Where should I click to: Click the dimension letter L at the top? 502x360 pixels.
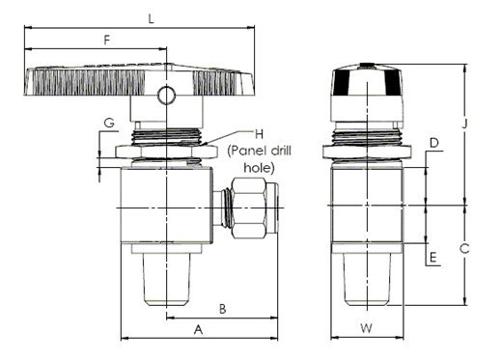click(151, 18)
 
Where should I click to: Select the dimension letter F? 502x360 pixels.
click(107, 40)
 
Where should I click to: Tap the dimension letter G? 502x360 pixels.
click(109, 123)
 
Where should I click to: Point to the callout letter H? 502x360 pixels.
click(259, 134)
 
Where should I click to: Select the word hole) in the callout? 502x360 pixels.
click(259, 168)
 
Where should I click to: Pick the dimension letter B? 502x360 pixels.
click(223, 309)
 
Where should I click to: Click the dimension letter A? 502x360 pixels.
click(199, 329)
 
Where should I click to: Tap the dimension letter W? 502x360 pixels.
click(366, 328)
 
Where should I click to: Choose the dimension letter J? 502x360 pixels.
click(464, 124)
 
